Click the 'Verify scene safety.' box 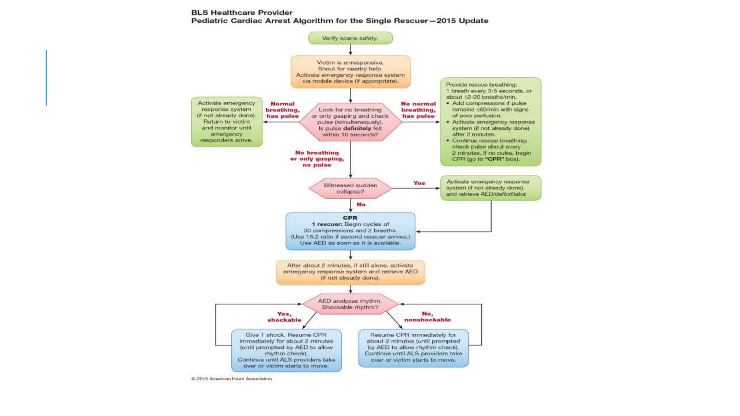(x=350, y=38)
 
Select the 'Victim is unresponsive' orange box (x=350, y=71)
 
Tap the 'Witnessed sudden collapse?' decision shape (x=350, y=188)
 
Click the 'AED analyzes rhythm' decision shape (x=350, y=304)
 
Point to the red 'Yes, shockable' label (x=284, y=317)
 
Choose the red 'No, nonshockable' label (x=427, y=317)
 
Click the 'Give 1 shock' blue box (x=286, y=350)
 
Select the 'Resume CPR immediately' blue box (x=413, y=347)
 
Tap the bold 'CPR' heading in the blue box (x=350, y=218)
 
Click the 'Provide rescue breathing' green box (x=490, y=122)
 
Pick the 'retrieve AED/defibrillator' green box (x=490, y=188)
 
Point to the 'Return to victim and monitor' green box (x=227, y=122)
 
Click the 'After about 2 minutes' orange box (x=350, y=272)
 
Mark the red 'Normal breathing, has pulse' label (x=283, y=110)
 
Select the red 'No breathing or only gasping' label (x=317, y=159)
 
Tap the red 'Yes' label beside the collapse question (x=419, y=183)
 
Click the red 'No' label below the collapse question (x=361, y=204)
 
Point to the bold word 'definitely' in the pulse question (x=357, y=128)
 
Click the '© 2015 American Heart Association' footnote (x=232, y=379)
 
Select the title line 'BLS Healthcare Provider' (x=242, y=13)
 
